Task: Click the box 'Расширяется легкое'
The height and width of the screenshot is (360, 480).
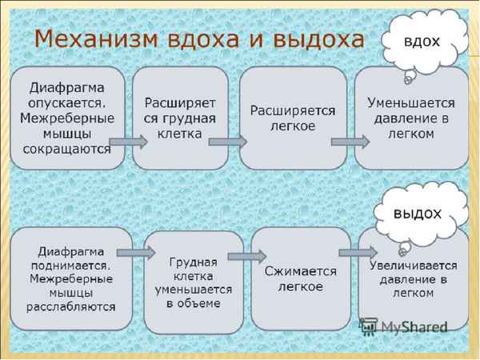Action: [292, 118]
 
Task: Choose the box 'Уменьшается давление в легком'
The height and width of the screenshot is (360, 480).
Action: [411, 118]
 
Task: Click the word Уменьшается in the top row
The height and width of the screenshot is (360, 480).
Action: [411, 103]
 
